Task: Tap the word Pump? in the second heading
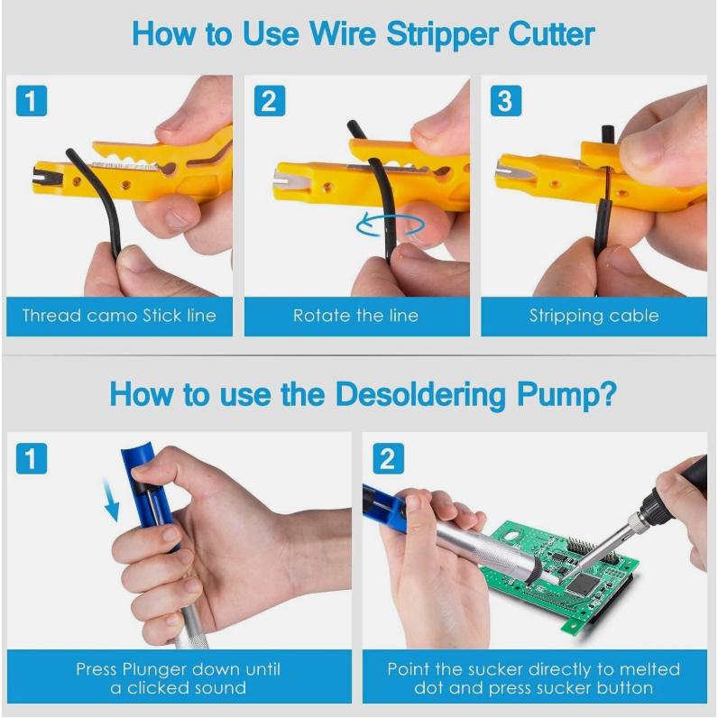coord(566,395)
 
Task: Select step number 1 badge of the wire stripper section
coord(32,101)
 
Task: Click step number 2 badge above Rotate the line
coord(269,101)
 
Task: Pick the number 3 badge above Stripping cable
coord(505,101)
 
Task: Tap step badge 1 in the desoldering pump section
coord(32,458)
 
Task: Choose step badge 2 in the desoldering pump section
coord(388,458)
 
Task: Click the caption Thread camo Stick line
coord(119,316)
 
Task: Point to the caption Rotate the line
coord(355,316)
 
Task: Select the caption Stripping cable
coord(594,316)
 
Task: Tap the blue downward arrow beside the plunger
coord(110,499)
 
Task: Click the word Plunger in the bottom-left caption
coord(156,670)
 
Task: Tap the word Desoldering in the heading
coord(420,395)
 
